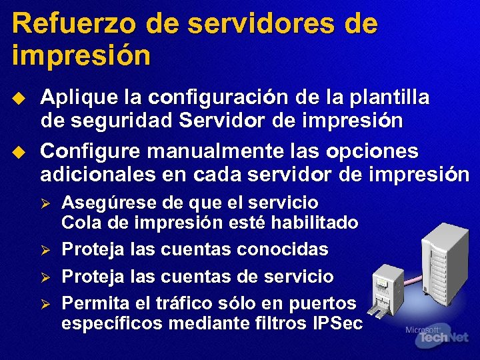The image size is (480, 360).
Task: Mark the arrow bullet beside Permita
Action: point(46,303)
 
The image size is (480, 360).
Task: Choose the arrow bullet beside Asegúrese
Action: point(46,203)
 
